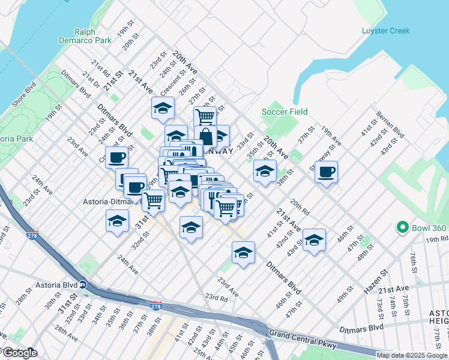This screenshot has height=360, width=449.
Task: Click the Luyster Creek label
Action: [385, 31]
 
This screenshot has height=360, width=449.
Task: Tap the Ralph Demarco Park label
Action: [93, 36]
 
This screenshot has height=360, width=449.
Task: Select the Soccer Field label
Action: [285, 112]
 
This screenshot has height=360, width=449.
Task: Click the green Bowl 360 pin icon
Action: [402, 227]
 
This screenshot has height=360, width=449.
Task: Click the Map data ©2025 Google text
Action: [412, 355]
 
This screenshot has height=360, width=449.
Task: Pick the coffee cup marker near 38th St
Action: [326, 172]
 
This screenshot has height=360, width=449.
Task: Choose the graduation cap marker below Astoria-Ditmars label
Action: [118, 221]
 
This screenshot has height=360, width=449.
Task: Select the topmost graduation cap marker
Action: [162, 108]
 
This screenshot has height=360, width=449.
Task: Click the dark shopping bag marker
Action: [205, 136]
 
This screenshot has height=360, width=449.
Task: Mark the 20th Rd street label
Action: [298, 207]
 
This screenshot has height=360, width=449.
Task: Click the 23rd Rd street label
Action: [216, 297]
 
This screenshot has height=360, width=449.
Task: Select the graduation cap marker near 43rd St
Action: [314, 240]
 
